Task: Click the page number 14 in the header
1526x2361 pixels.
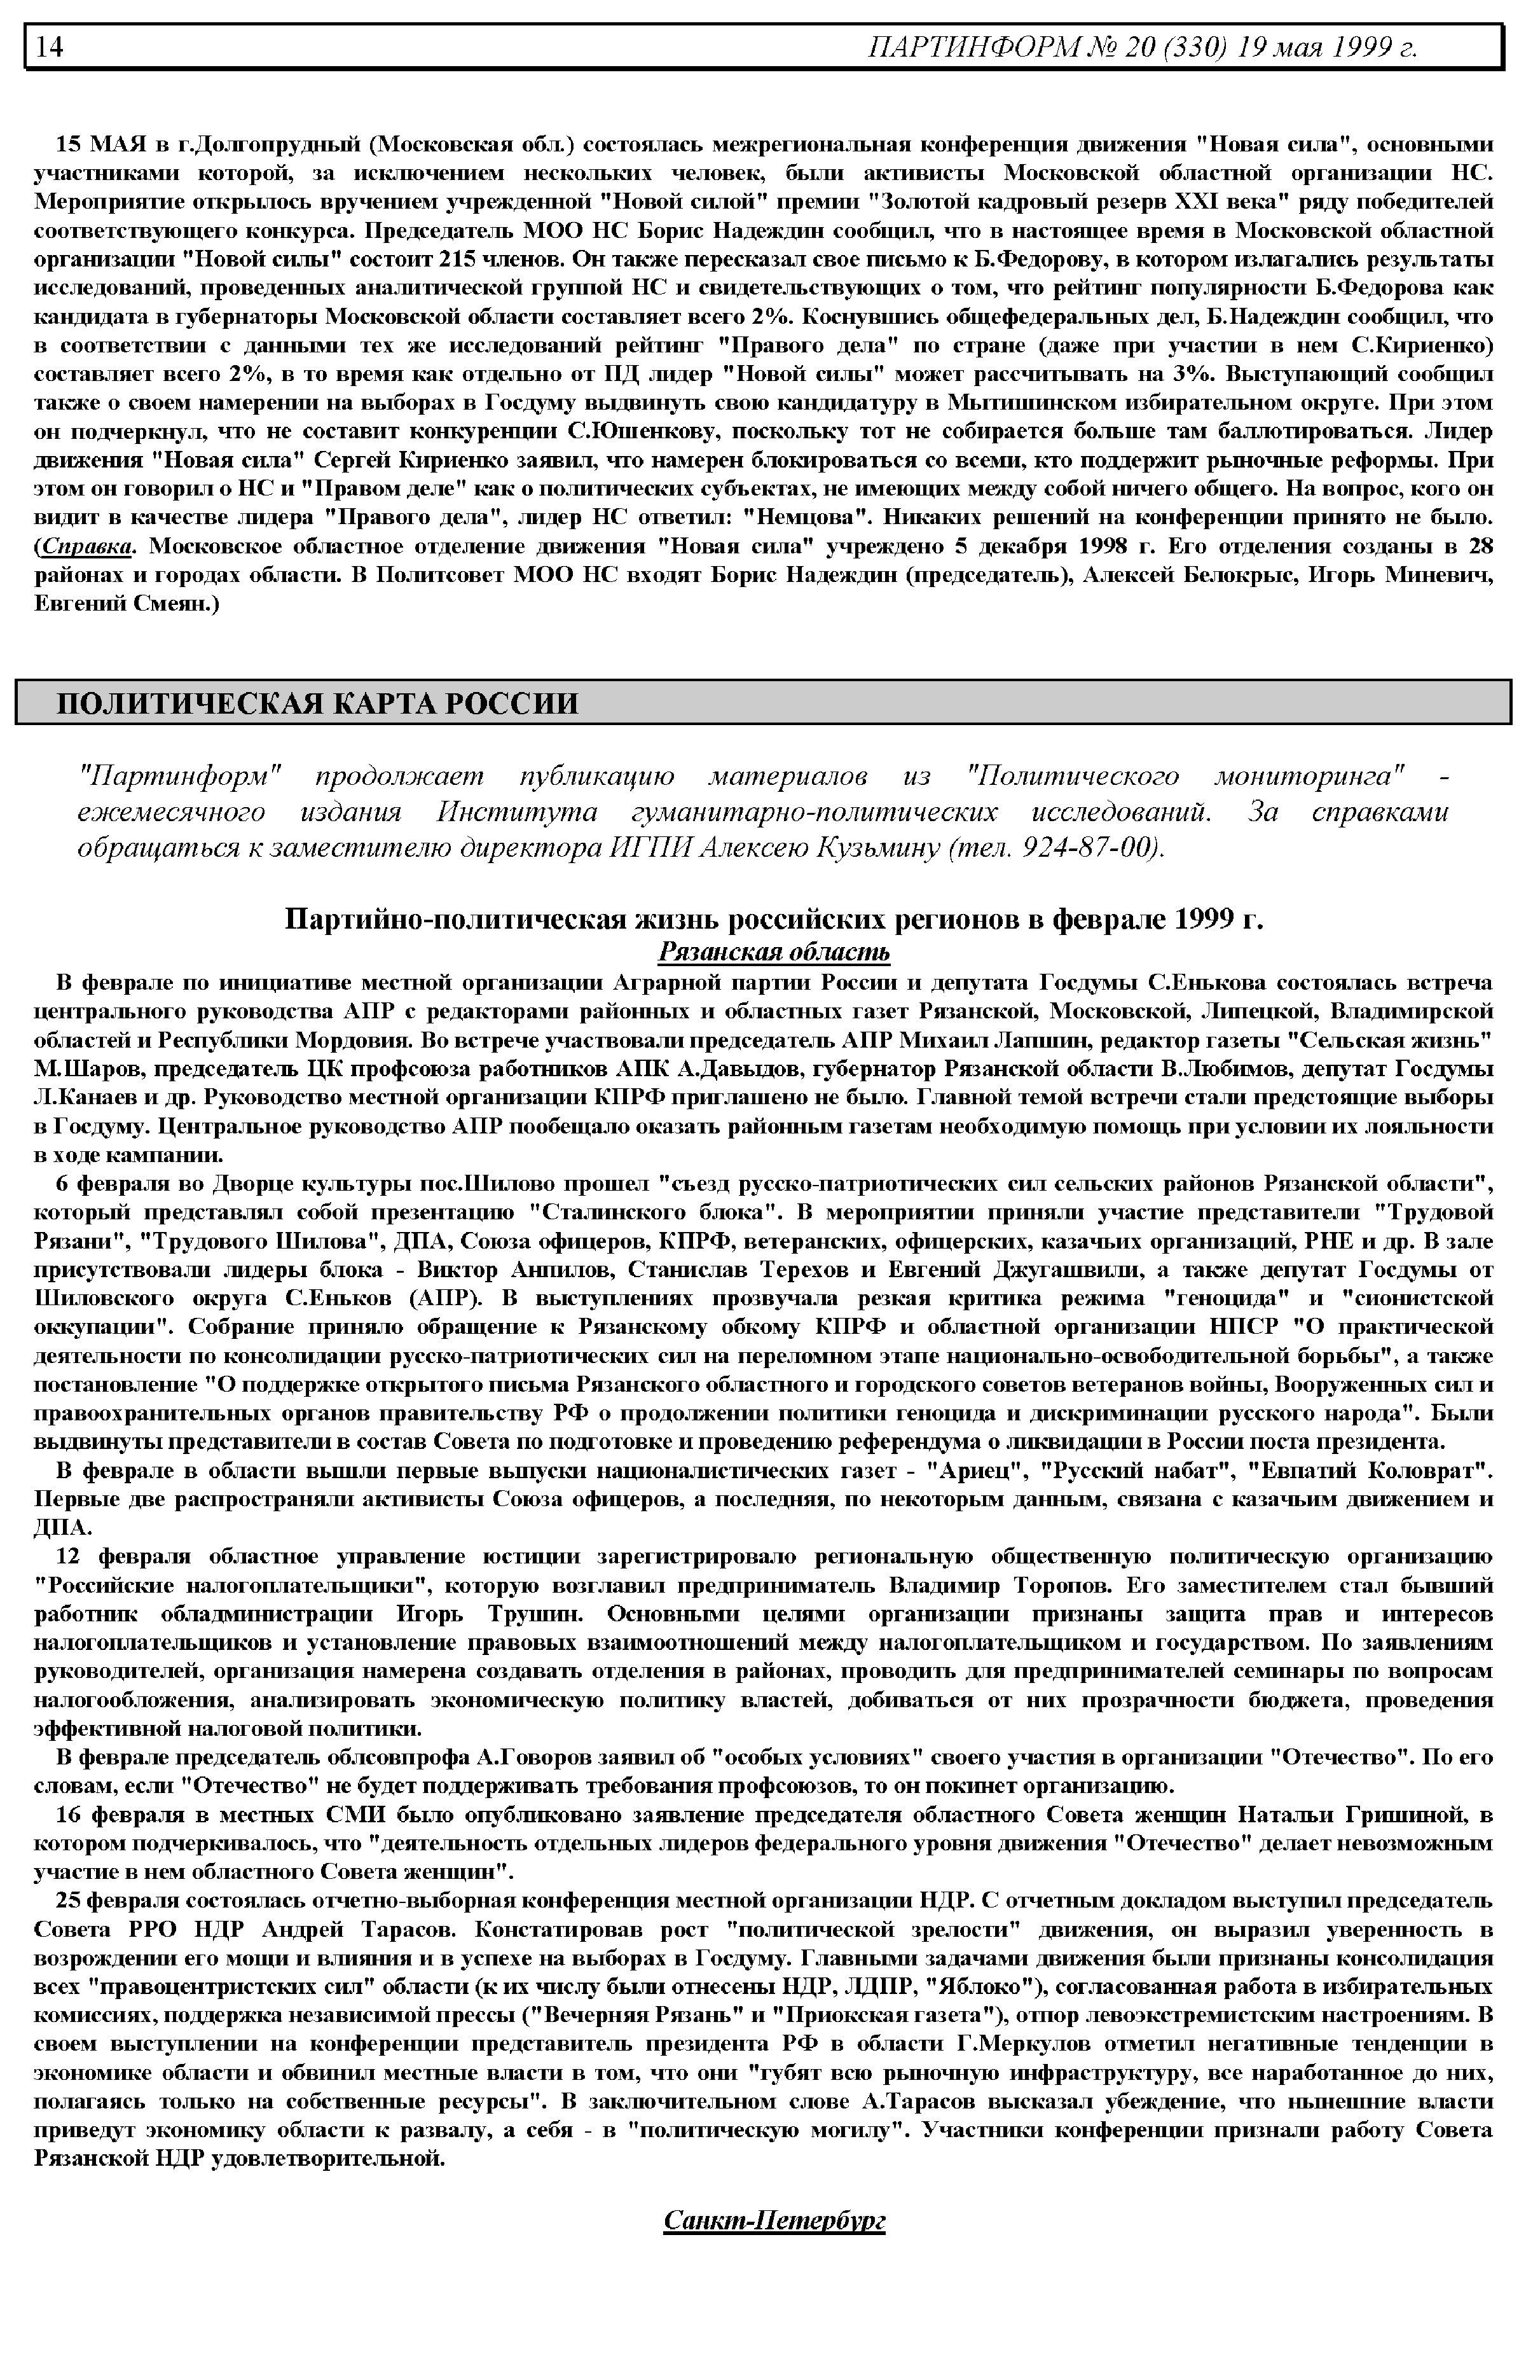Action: click(x=50, y=46)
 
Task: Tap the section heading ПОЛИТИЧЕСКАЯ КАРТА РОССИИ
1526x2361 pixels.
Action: click(x=317, y=703)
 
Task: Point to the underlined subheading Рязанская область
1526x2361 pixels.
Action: click(x=774, y=953)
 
